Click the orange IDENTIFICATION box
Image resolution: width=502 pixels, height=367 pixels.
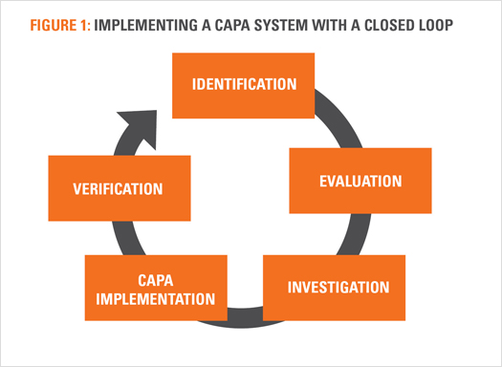(x=244, y=84)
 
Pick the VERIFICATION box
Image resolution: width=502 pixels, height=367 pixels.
(x=119, y=188)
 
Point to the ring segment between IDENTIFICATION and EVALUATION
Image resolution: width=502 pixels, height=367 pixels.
(x=329, y=119)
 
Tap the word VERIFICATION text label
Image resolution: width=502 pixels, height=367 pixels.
(x=119, y=188)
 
